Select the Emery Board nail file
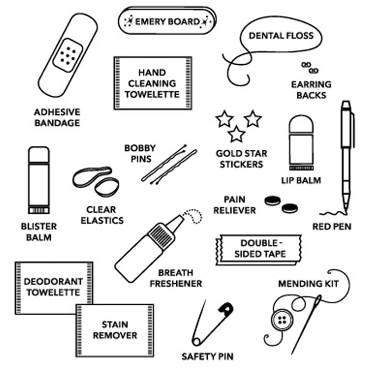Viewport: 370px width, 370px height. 167,21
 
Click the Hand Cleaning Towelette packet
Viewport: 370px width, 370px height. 153,83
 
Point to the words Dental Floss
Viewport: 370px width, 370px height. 281,36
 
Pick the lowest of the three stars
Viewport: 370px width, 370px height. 236,134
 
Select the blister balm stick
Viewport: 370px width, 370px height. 38,180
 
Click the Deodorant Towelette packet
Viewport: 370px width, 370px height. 54,287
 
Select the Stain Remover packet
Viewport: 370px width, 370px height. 115,329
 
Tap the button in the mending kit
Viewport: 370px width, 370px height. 281,320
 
